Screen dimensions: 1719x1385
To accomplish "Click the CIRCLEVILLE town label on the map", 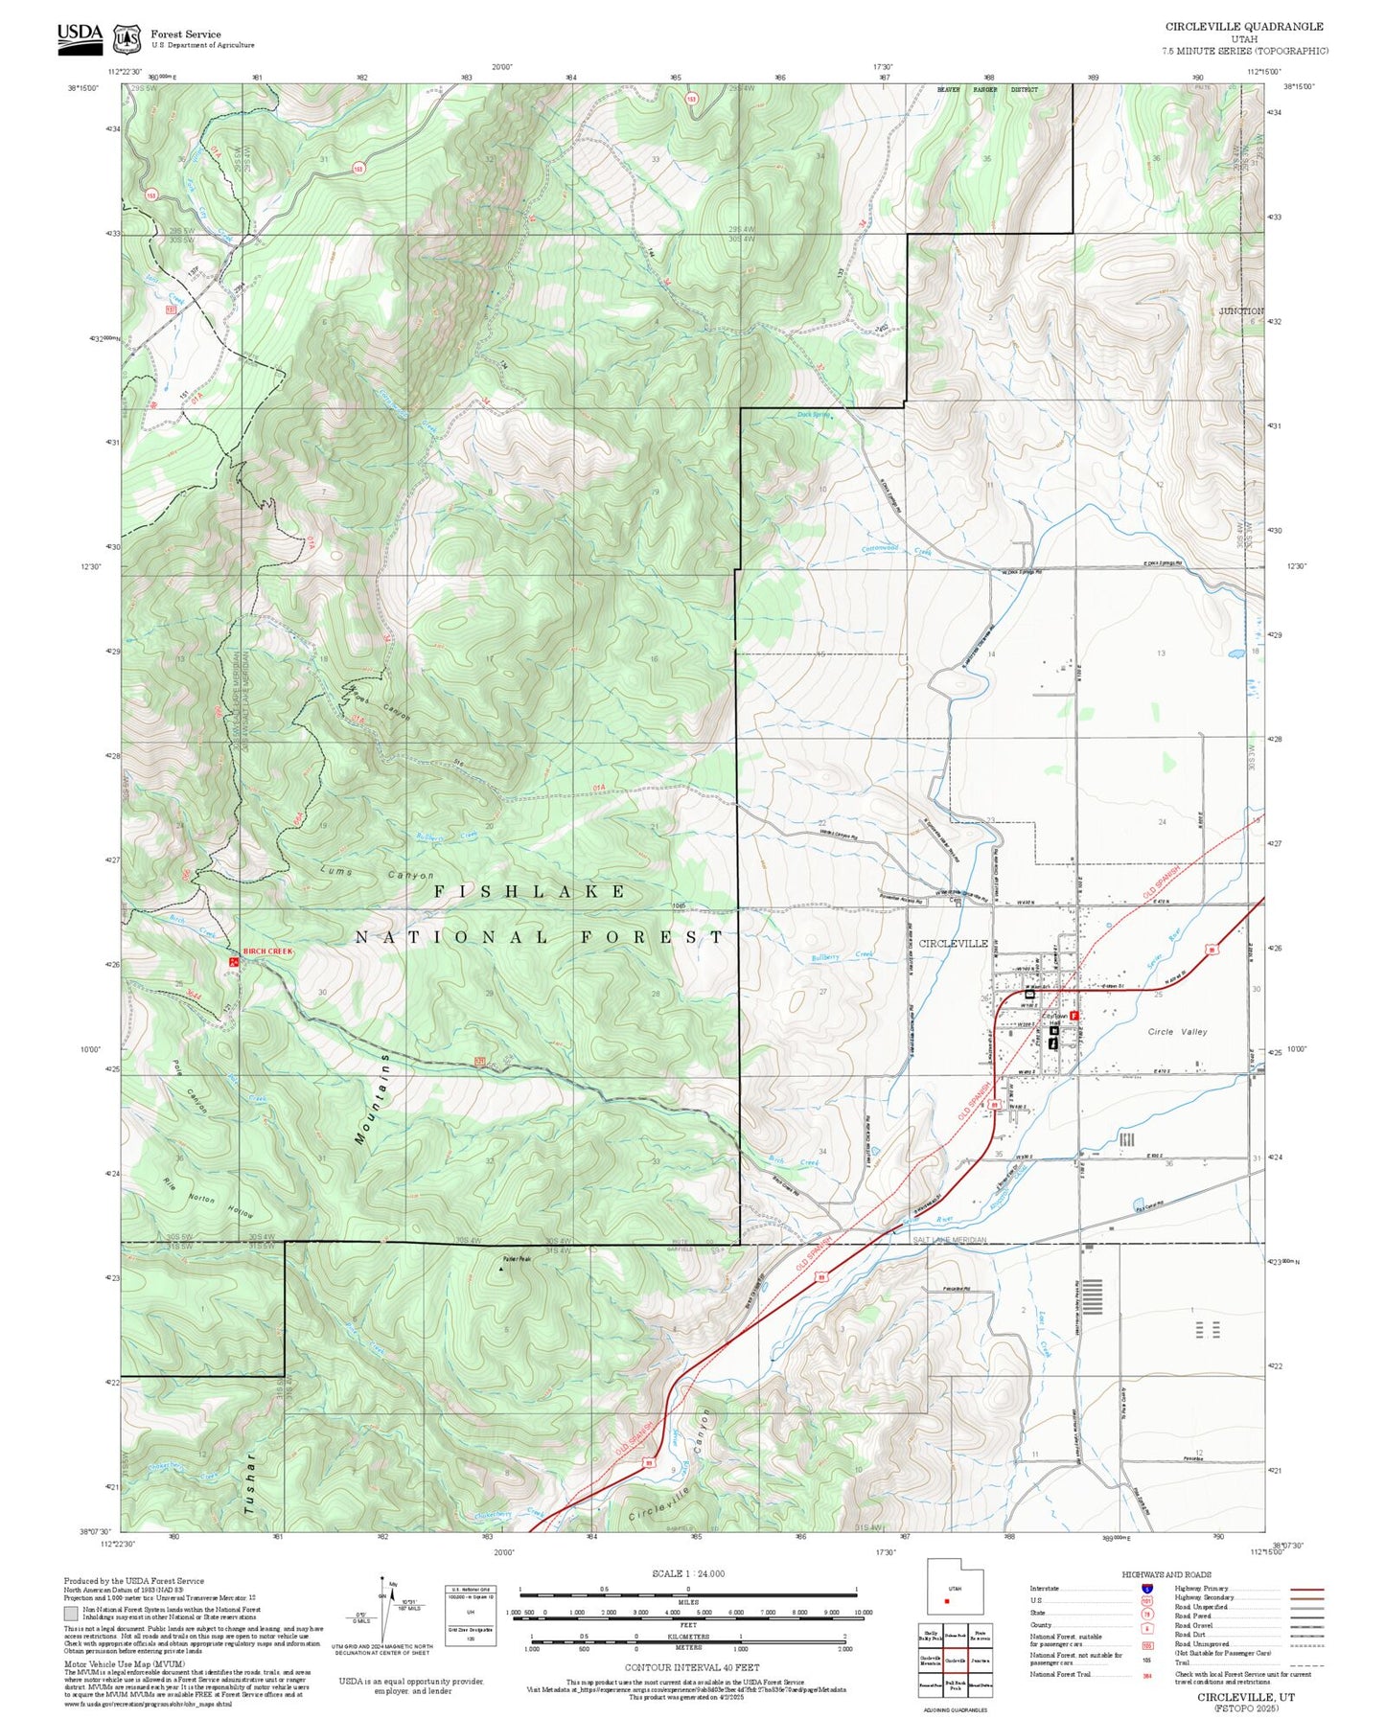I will (x=953, y=943).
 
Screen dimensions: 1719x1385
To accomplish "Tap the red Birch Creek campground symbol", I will (x=233, y=959).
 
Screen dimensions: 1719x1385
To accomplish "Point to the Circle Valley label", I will (x=1177, y=1032).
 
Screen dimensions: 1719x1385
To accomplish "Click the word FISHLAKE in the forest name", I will (x=530, y=891).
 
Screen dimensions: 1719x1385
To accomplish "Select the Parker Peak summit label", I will (x=516, y=1259).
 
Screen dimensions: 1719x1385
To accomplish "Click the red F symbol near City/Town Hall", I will (x=1074, y=1015).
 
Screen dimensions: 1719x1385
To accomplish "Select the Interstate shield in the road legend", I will (x=1146, y=1588).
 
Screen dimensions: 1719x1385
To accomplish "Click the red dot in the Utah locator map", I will (x=947, y=1600).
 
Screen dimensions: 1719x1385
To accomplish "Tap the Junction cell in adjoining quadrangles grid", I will (x=980, y=1660).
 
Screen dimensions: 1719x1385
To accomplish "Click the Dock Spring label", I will (x=814, y=415).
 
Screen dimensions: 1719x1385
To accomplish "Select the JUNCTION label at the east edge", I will (x=1242, y=311).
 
